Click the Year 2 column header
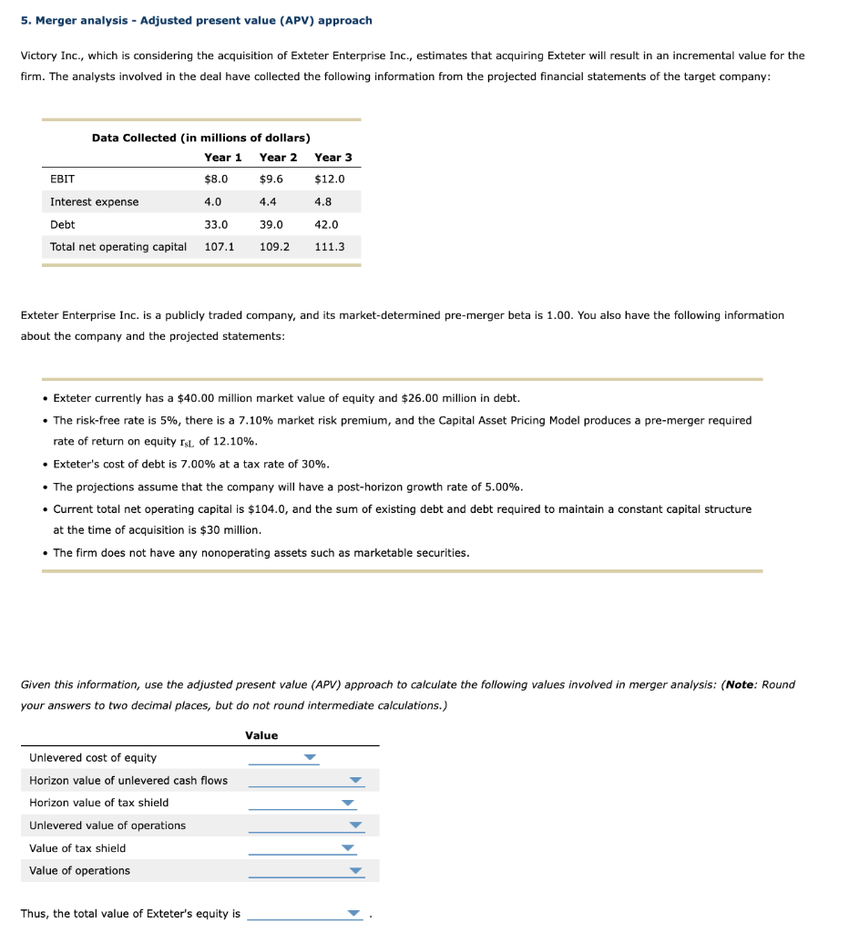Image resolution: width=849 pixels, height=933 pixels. (x=278, y=157)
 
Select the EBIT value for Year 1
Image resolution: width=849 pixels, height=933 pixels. (x=216, y=179)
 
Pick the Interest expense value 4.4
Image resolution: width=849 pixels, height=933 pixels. (x=269, y=201)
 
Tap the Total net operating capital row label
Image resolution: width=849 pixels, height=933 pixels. (x=118, y=247)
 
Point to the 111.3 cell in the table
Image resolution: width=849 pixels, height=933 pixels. (x=329, y=247)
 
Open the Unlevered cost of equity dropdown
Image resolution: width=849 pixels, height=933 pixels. (x=310, y=757)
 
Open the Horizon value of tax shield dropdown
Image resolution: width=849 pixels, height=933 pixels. (x=347, y=803)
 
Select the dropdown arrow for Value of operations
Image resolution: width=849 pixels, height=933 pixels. (x=356, y=871)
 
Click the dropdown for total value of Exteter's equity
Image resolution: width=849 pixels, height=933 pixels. (x=354, y=914)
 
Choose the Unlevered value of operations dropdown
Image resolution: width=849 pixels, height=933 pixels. (x=356, y=825)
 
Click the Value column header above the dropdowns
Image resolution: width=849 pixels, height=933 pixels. (x=261, y=735)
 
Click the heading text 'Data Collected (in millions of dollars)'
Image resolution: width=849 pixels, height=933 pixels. (x=200, y=138)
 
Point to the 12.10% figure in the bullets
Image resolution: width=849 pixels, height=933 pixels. (x=238, y=441)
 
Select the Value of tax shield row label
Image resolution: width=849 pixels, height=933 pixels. (x=77, y=848)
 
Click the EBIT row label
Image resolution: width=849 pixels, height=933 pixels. (x=63, y=179)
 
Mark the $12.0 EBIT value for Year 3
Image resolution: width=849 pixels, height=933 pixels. (x=329, y=179)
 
